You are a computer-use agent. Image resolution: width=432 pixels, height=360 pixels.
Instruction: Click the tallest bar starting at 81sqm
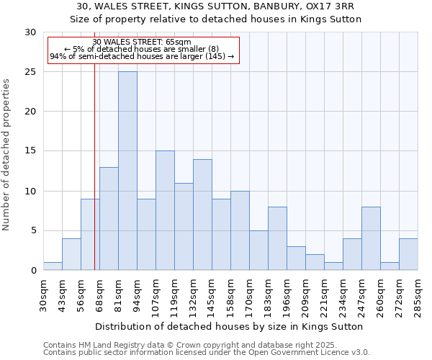[127, 171]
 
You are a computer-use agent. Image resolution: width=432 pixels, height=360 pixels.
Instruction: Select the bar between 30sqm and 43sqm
[53, 266]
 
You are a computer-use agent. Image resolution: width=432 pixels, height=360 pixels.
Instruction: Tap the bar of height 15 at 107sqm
[165, 210]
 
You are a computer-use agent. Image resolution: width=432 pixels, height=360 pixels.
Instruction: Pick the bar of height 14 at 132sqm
[202, 215]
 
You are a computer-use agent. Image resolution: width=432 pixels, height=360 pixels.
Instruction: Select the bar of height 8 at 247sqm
[371, 238]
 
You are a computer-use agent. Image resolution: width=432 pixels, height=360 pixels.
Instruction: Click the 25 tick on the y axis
[31, 72]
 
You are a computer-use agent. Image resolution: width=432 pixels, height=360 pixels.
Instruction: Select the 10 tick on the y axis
[31, 191]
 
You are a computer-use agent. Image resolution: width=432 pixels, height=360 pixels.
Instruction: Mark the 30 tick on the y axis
[31, 32]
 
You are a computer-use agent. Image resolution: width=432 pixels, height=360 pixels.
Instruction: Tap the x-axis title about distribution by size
[229, 326]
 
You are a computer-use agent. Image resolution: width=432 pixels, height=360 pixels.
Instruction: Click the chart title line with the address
[215, 6]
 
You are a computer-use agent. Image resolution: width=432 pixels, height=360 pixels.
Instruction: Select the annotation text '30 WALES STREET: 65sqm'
[142, 42]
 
